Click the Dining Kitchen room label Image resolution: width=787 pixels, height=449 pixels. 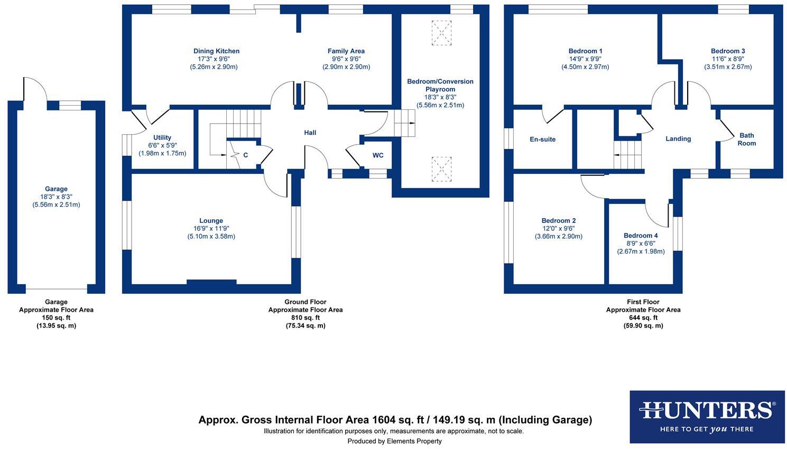tap(216, 51)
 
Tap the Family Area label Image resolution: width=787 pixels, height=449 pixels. tap(346, 51)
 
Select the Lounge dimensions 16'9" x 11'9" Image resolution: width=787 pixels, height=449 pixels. tap(211, 229)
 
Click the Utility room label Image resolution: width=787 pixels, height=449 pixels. tap(162, 138)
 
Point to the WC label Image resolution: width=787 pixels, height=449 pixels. tap(378, 155)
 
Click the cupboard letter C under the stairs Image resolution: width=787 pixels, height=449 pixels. tap(246, 155)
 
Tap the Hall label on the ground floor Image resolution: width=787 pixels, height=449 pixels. tap(310, 133)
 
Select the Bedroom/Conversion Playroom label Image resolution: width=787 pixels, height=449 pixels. tap(440, 86)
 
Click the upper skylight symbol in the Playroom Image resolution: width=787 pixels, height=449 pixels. tap(441, 33)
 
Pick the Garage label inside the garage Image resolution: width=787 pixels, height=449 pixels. tap(56, 189)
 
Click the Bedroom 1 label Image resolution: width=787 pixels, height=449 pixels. tap(585, 51)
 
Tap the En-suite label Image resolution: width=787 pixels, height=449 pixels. tap(543, 139)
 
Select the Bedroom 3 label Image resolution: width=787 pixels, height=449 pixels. tap(728, 51)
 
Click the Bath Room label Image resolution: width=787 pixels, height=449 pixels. tap(747, 139)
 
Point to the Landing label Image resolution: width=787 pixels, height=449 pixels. tap(678, 139)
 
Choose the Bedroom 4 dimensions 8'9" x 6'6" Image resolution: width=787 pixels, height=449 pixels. tap(641, 244)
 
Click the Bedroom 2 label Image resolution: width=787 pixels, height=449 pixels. tap(559, 221)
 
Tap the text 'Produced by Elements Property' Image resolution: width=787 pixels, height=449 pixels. tap(394, 441)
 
